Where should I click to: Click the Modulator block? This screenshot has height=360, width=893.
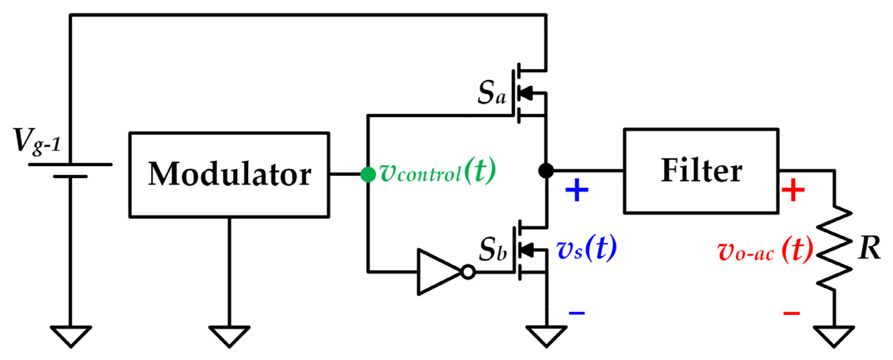[229, 175]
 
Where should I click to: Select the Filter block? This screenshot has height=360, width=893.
[701, 171]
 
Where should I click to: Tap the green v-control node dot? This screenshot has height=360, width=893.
[368, 174]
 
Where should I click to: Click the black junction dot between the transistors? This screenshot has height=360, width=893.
[546, 171]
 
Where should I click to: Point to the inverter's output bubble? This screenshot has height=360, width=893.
[468, 272]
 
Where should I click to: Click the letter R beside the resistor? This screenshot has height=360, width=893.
[870, 248]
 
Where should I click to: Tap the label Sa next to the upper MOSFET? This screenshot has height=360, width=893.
[491, 93]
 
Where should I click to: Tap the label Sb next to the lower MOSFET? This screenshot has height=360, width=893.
[492, 250]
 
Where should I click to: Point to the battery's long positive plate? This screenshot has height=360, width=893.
[70, 164]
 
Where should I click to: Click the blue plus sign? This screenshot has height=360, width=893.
[577, 190]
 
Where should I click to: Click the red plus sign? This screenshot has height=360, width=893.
[793, 190]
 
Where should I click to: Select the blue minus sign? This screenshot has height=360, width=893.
[577, 313]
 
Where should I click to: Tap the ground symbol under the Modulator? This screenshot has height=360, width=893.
[229, 335]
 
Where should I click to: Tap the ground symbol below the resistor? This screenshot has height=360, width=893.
[834, 335]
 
